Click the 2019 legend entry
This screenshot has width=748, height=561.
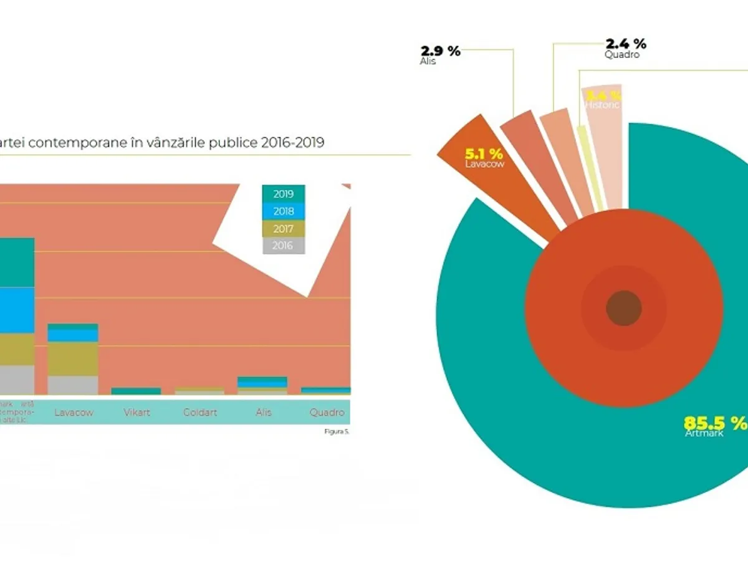[283, 194]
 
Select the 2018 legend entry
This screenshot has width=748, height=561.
[283, 211]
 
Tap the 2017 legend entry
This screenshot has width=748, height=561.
[283, 229]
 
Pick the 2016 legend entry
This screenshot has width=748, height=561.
[283, 246]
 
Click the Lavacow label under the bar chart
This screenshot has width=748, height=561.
[73, 413]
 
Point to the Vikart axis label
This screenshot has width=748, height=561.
[137, 413]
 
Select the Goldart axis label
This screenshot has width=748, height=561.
[200, 413]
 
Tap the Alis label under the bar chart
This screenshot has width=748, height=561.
[263, 413]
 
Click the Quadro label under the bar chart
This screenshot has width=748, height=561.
[327, 413]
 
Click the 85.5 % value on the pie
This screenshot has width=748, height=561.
[714, 422]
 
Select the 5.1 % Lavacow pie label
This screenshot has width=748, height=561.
[484, 154]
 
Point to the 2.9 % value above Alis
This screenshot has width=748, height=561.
[440, 51]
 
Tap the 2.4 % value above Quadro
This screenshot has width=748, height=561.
[626, 44]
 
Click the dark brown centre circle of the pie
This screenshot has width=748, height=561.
[624, 308]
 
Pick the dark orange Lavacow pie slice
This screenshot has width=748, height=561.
[499, 181]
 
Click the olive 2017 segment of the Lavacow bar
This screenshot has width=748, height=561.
[73, 358]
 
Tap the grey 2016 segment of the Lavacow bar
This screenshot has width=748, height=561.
[73, 385]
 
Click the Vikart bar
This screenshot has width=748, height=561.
[137, 391]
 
